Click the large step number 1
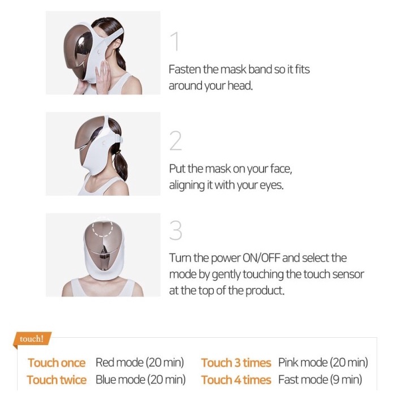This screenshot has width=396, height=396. pyautogui.click(x=175, y=41)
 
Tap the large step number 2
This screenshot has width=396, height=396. pyautogui.click(x=175, y=141)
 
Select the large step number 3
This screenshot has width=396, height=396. pyautogui.click(x=175, y=230)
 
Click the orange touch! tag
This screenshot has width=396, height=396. pyautogui.click(x=32, y=339)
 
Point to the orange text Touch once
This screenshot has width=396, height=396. pyautogui.click(x=57, y=363)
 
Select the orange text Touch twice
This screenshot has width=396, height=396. pyautogui.click(x=57, y=380)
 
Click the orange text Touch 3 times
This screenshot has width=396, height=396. pyautogui.click(x=236, y=363)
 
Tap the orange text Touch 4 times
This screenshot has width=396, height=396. pyautogui.click(x=236, y=380)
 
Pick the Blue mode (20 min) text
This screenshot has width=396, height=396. pyautogui.click(x=140, y=380)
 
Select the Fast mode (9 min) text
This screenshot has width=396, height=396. pyautogui.click(x=320, y=380)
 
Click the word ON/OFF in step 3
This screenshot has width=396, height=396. pyautogui.click(x=261, y=258)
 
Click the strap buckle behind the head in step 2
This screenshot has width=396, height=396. pyautogui.click(x=119, y=139)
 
